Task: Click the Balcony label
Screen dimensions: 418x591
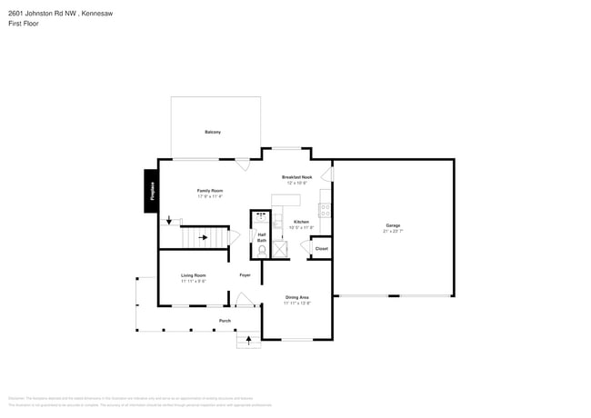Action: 212,132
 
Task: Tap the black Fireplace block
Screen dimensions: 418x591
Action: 151,191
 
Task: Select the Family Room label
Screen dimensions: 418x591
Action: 210,191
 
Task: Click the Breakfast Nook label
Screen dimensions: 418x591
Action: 296,177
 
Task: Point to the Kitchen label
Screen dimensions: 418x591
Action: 301,222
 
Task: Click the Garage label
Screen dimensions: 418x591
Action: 393,225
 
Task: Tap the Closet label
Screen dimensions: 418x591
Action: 321,248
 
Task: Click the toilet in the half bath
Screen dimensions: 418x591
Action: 262,250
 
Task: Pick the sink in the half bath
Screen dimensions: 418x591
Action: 262,217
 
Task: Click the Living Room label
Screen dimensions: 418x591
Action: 193,275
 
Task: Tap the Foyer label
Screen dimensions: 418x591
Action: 245,275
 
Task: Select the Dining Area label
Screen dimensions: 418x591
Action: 296,297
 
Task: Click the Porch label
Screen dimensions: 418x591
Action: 225,321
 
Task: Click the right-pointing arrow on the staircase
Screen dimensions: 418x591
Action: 204,238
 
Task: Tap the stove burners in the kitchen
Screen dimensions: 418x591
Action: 325,209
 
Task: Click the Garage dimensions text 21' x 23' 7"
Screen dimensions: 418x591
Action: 393,231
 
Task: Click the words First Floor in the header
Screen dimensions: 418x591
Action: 23,23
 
